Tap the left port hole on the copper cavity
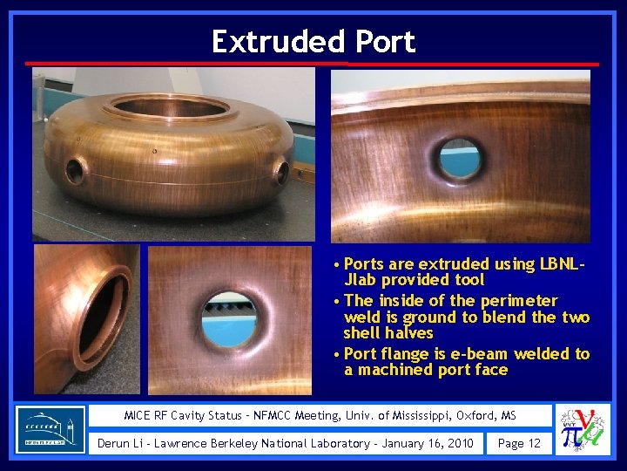(x=75, y=171)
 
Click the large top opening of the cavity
(x=172, y=107)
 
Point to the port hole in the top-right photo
(x=460, y=157)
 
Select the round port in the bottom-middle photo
(x=230, y=317)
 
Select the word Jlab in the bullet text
(x=362, y=280)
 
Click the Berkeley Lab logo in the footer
(x=51, y=429)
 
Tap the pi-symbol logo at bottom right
(x=582, y=429)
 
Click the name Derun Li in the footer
(x=123, y=443)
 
